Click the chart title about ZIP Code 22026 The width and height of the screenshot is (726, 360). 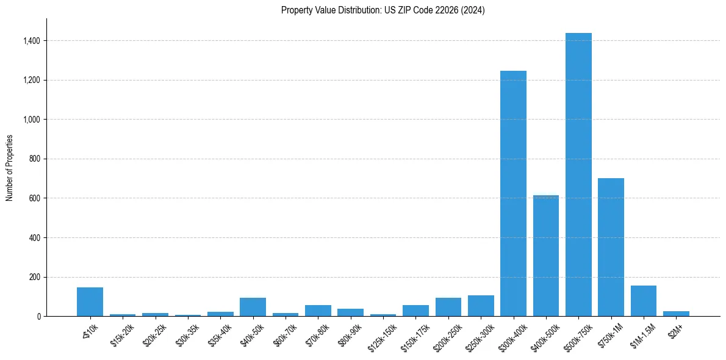[x=383, y=10]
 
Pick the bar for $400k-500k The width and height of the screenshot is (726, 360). [x=546, y=256]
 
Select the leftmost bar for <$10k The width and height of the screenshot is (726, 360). [x=90, y=301]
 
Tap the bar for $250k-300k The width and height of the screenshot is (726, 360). [x=481, y=306]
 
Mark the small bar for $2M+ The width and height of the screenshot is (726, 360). [x=676, y=314]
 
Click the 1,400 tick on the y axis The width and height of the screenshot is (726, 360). [x=32, y=41]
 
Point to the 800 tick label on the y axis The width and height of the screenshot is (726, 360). [x=35, y=159]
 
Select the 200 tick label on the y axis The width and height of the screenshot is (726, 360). [x=35, y=277]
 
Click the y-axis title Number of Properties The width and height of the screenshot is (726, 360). [x=10, y=168]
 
